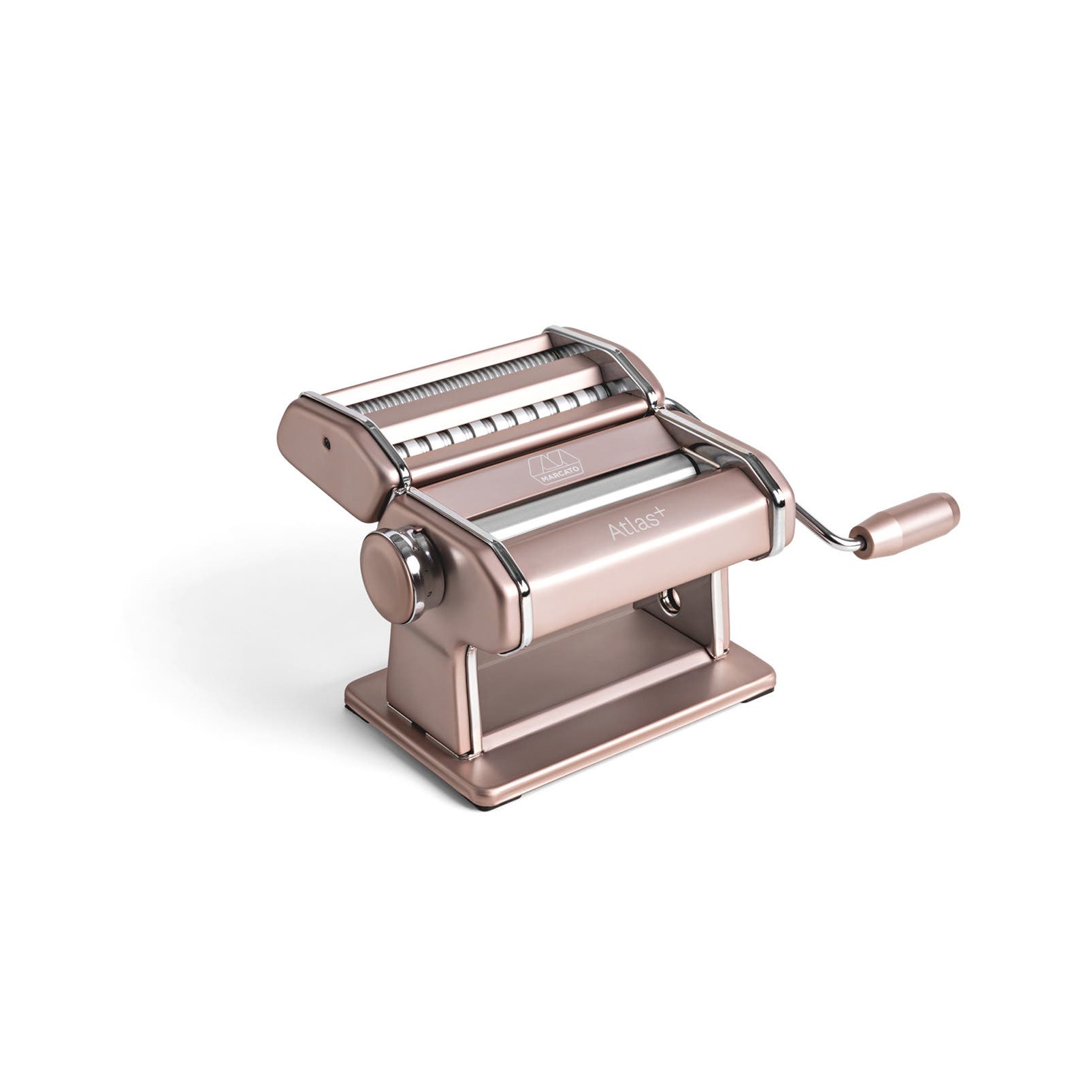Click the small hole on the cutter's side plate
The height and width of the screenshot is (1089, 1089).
[328, 442]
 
